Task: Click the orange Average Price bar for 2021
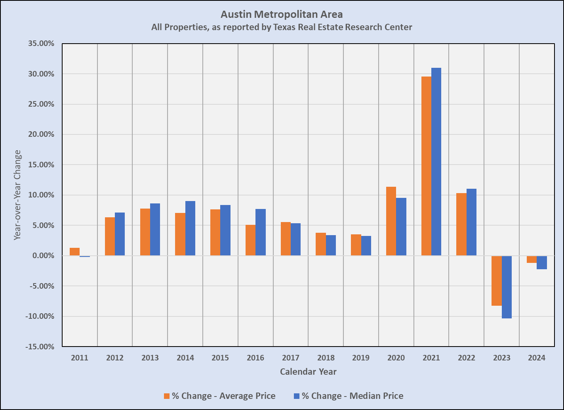[x=426, y=166]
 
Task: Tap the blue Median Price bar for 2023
[x=507, y=287]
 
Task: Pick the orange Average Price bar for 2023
[x=497, y=281]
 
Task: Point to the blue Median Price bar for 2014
[x=190, y=228]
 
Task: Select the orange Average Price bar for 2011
[x=74, y=252]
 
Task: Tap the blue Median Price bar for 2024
[x=542, y=262]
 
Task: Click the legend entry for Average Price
[x=219, y=396]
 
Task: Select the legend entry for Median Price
[x=348, y=396]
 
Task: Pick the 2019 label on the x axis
[x=361, y=358]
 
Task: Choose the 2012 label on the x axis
[x=115, y=358]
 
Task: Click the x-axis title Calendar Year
[x=308, y=372]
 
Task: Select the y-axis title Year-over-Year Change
[x=17, y=195]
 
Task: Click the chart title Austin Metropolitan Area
[x=282, y=15]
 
